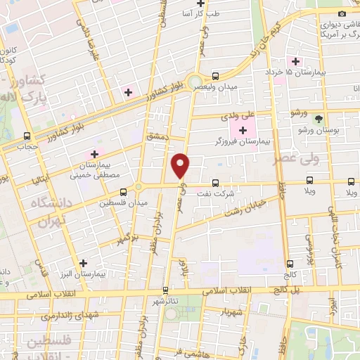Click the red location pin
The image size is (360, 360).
181,166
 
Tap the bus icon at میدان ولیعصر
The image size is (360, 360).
216,75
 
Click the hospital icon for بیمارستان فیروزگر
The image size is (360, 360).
243,130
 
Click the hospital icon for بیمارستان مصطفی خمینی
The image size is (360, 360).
94,153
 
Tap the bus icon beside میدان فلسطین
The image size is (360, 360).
124,191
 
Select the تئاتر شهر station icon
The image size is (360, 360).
166,289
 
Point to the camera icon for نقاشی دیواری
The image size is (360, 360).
342,13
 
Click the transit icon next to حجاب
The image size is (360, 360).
27,136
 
